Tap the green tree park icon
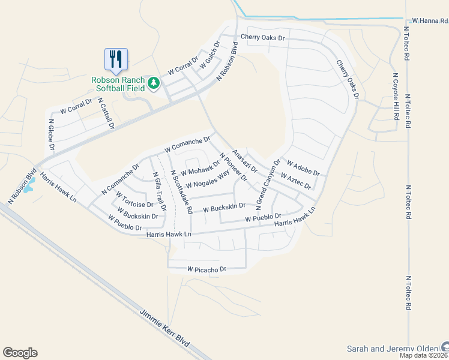coord(154,83)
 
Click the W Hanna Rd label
coord(426,20)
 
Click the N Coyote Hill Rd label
coord(396,97)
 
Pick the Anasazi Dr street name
coord(245,161)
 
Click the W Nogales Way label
coord(208,179)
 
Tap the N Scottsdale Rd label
coord(181,191)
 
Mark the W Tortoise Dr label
coord(134,200)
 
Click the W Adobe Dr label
coord(303,169)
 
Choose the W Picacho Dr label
coord(206,269)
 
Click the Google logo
coord(20,352)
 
